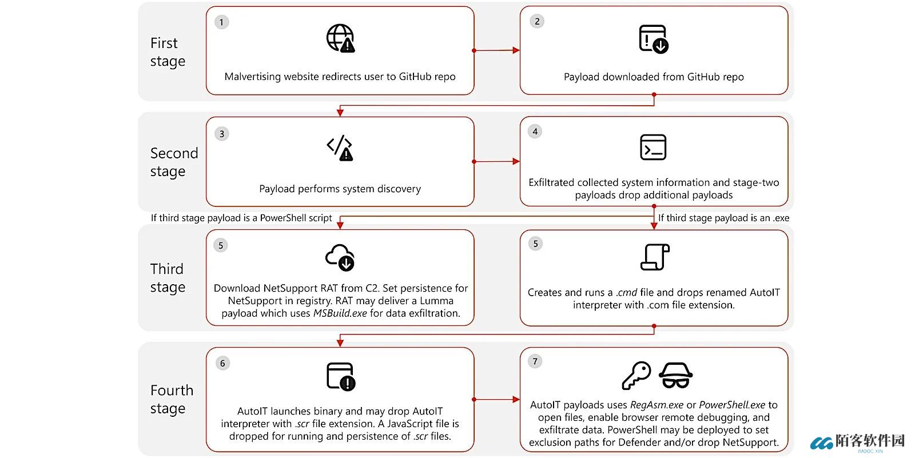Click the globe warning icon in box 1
click(340, 38)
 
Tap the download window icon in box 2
click(654, 39)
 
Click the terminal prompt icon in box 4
click(653, 148)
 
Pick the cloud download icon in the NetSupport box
click(340, 257)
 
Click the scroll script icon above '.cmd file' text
click(654, 257)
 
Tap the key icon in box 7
click(636, 375)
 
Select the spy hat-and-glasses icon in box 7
click(675, 375)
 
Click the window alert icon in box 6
click(341, 377)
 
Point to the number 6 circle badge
click(222, 363)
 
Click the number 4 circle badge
click(535, 132)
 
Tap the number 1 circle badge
click(221, 22)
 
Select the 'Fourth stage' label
click(172, 399)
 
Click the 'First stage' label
click(167, 52)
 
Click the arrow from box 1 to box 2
click(496, 50)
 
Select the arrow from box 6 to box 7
click(496, 399)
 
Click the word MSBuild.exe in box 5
click(340, 313)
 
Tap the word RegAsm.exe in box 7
click(657, 405)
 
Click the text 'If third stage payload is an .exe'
click(723, 218)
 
